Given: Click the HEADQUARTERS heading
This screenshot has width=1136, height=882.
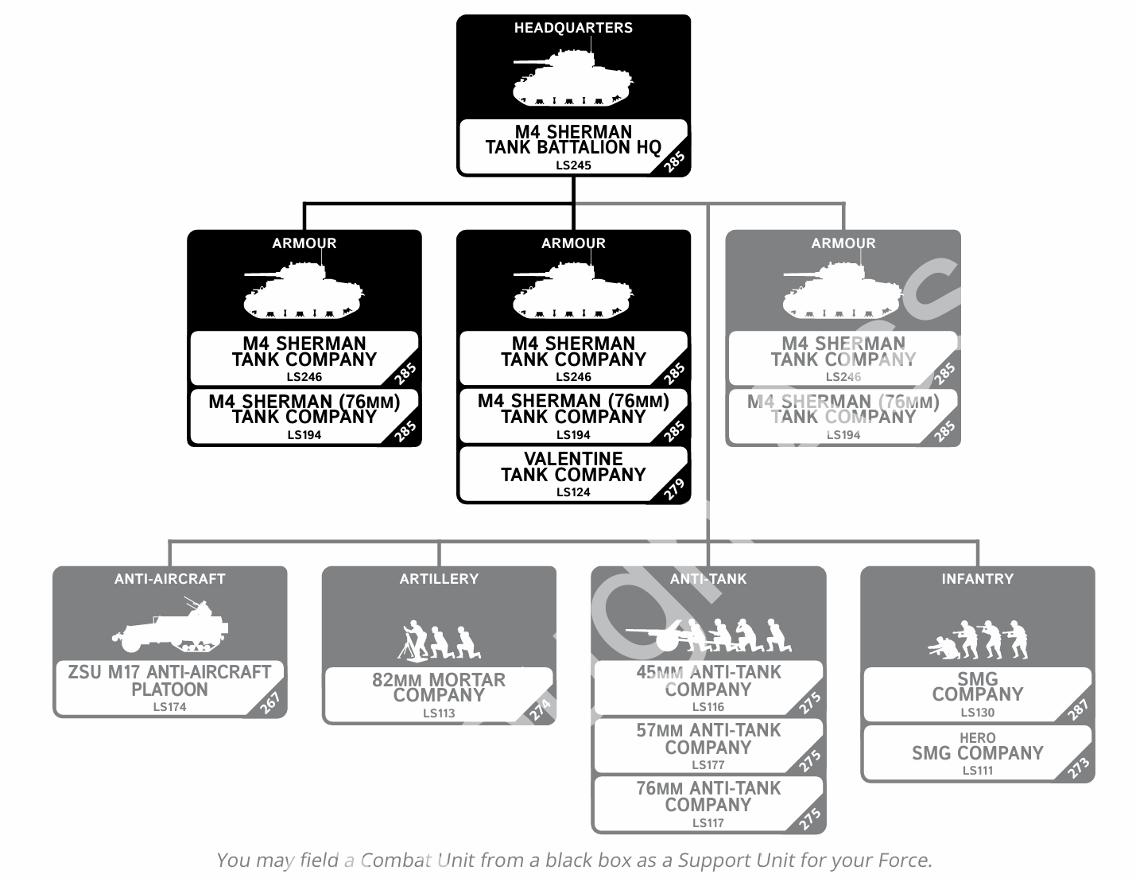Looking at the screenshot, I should [573, 28].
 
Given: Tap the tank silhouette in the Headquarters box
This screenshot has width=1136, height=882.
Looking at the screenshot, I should [572, 80].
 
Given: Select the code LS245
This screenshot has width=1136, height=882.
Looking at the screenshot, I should [573, 165].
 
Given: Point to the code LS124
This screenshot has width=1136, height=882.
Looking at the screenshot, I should [573, 492].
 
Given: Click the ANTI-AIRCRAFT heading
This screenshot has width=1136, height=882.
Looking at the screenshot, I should [169, 579].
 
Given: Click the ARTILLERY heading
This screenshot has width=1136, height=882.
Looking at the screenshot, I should [439, 579].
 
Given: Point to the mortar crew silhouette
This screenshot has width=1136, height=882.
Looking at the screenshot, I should [439, 640].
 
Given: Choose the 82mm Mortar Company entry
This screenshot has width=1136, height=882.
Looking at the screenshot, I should [439, 688].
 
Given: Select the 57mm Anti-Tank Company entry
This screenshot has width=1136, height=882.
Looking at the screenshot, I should [708, 739].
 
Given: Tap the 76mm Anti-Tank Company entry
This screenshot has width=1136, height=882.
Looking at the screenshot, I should [708, 797].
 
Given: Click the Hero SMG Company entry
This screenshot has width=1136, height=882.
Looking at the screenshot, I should [977, 752].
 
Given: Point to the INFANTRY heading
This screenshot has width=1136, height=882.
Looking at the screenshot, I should [977, 579].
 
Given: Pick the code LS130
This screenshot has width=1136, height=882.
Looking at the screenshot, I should [977, 713].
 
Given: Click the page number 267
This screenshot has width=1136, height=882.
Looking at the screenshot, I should [270, 704].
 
